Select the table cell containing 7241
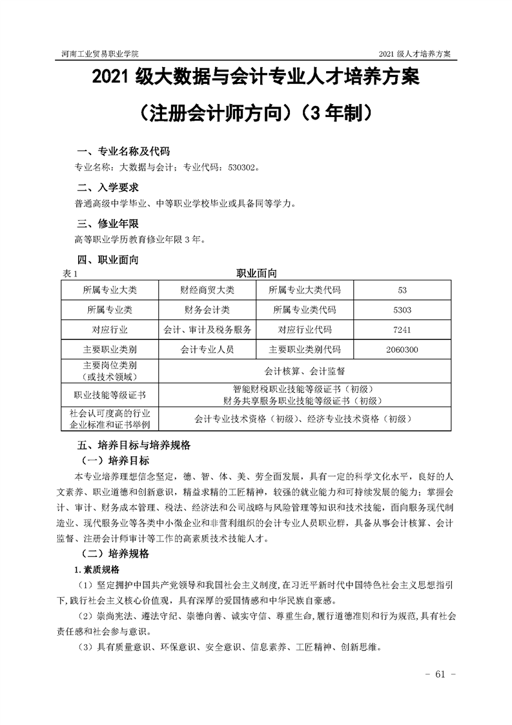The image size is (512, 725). (402, 330)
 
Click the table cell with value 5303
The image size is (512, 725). (402, 310)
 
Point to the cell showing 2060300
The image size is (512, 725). (402, 350)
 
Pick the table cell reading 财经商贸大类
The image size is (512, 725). (207, 289)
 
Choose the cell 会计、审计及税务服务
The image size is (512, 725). (207, 330)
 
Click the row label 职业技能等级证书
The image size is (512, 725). (110, 394)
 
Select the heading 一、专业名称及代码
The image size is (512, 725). (123, 152)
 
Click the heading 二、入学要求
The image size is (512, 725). (107, 188)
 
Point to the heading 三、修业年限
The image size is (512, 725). (107, 224)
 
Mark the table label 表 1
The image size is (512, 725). (70, 273)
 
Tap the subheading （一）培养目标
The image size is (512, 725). (116, 461)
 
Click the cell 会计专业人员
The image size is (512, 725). (207, 350)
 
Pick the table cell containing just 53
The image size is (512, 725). (402, 289)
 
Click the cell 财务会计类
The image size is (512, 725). (207, 310)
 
